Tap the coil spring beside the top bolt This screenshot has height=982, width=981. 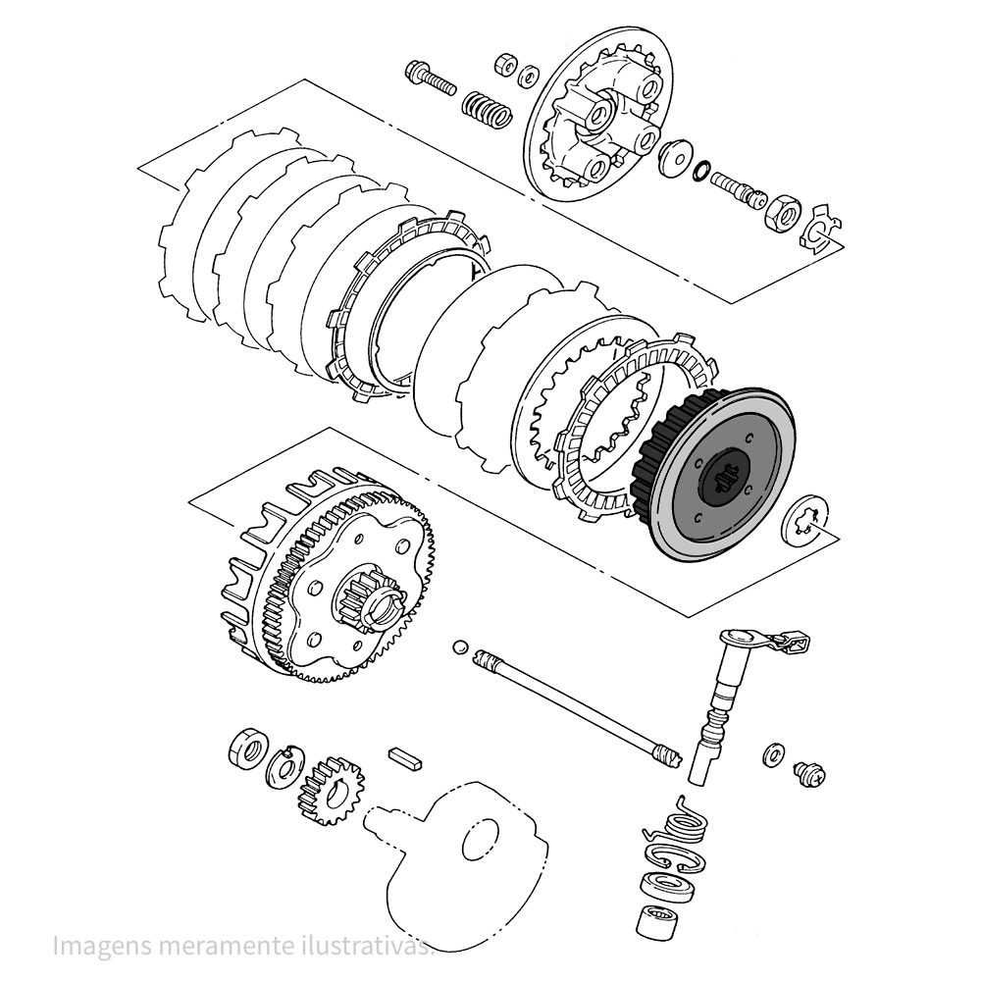coord(487,107)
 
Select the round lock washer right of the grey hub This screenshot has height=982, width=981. coord(806,524)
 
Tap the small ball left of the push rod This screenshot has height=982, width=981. coord(458,646)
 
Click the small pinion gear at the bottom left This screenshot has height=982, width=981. coord(332,790)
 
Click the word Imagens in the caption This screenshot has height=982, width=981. coord(97,948)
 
